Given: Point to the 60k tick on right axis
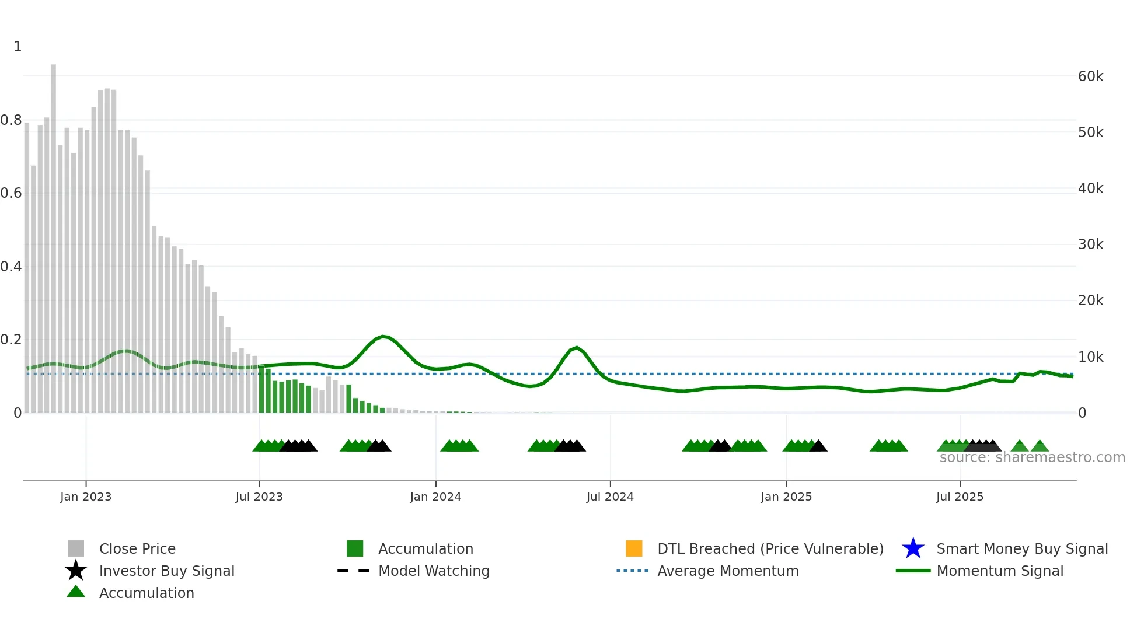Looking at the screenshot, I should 1090,76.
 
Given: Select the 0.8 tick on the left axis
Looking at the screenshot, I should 11,120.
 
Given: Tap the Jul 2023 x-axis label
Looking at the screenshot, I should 259,497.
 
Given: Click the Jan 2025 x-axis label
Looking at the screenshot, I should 786,497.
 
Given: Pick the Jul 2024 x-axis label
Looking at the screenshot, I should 610,497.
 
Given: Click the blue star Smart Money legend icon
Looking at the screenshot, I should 913,548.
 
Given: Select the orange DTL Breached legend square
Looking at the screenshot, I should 634,548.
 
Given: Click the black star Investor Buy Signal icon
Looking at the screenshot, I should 76,571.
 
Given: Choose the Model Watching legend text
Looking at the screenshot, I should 434,571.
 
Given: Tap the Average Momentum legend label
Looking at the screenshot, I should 728,571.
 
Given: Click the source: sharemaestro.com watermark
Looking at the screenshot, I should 1032,457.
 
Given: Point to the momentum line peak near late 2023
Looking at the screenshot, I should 383,337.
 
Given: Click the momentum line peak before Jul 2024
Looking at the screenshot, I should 577,348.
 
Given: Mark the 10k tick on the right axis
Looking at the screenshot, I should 1090,357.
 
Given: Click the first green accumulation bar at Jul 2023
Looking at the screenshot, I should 261,390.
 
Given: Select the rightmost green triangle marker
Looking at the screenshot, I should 1040,446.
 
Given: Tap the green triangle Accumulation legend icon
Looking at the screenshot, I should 76,592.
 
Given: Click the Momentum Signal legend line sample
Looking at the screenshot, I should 913,571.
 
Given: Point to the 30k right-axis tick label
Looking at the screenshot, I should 1090,244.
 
